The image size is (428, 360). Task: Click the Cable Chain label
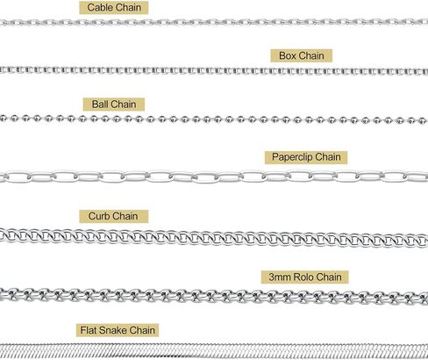point(114,8)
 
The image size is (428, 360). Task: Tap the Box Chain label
point(302,55)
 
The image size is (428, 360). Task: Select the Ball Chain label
point(114,104)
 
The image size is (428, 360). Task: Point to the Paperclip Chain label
point(306,157)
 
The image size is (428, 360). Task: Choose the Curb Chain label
point(113,216)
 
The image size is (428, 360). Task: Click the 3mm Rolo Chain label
point(305,277)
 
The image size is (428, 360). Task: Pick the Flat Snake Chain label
point(118,330)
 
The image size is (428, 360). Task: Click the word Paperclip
point(292,157)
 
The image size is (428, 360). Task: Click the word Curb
point(100,216)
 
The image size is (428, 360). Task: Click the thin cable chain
point(214,22)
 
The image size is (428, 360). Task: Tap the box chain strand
point(214,71)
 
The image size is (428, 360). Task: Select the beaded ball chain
point(214,119)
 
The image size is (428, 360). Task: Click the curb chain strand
point(214,238)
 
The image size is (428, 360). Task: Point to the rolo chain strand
point(214,295)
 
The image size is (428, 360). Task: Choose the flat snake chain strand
point(214,351)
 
